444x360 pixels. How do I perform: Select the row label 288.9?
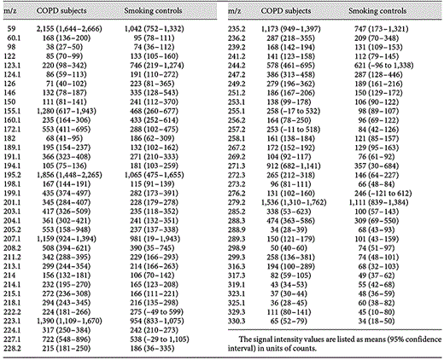click(x=237, y=279)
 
